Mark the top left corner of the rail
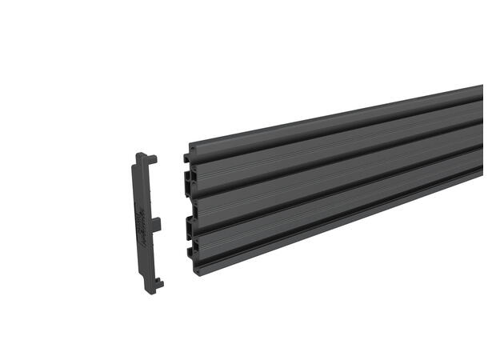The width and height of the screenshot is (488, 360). tap(190, 147)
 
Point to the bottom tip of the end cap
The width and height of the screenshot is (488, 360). tap(151, 286)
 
